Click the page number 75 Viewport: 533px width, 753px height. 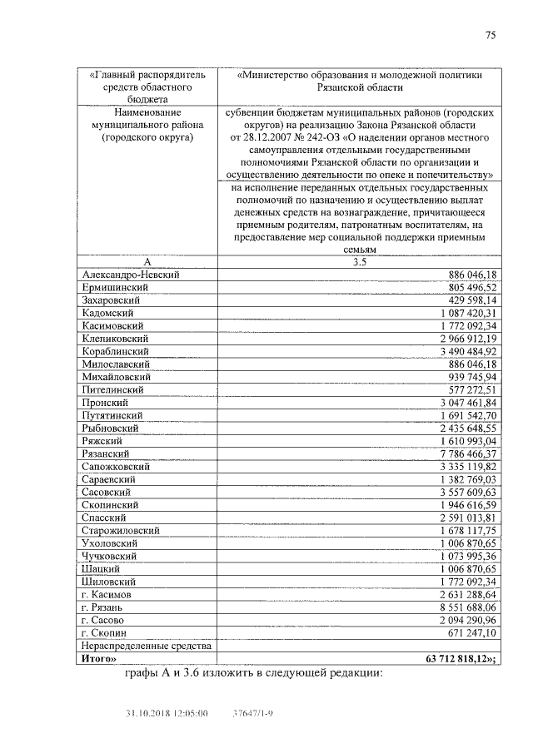pos(491,35)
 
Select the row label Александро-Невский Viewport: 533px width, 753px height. pos(132,274)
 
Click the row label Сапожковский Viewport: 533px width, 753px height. pos(117,466)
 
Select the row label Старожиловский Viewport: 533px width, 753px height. pos(121,530)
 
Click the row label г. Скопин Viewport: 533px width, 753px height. pos(103,632)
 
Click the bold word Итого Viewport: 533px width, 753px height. pos(97,658)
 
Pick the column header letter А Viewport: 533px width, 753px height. pos(147,261)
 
